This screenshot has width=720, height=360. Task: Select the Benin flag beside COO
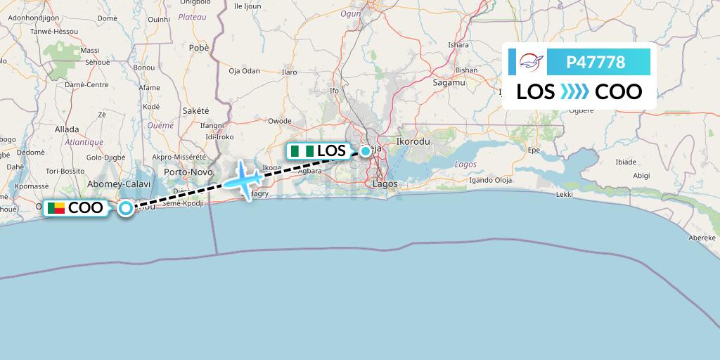(x=56, y=207)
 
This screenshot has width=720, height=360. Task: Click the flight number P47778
(x=596, y=62)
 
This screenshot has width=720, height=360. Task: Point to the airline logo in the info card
(x=531, y=63)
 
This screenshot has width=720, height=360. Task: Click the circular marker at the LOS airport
(x=366, y=150)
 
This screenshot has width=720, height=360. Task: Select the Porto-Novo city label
(x=188, y=172)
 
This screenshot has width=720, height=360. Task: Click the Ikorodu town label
(x=413, y=141)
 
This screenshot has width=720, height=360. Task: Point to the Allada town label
(x=67, y=129)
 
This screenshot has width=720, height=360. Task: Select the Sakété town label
(x=196, y=110)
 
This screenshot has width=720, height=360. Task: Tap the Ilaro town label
(x=289, y=72)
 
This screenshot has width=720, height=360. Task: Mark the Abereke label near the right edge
(x=701, y=238)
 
